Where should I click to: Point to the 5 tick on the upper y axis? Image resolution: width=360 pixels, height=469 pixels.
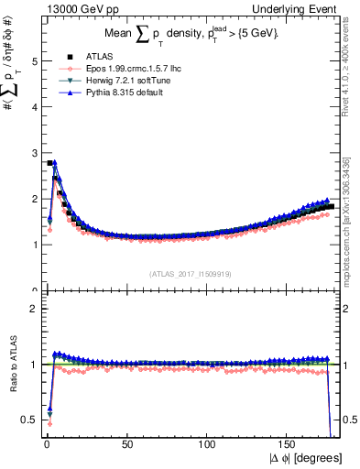point(32,61)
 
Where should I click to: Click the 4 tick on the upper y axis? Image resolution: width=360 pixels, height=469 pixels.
point(32,107)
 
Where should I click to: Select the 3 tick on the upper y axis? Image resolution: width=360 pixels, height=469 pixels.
point(32,153)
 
